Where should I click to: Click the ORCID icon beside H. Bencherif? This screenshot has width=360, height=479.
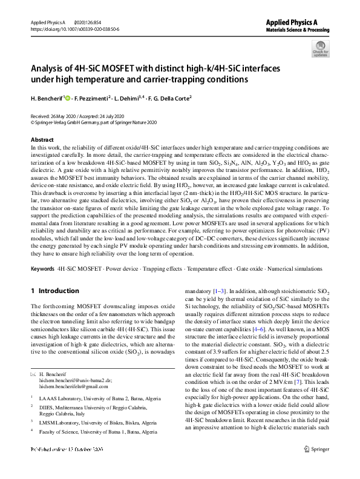68,97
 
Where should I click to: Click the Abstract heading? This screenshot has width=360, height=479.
42,139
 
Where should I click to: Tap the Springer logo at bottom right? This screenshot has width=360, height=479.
319,467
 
